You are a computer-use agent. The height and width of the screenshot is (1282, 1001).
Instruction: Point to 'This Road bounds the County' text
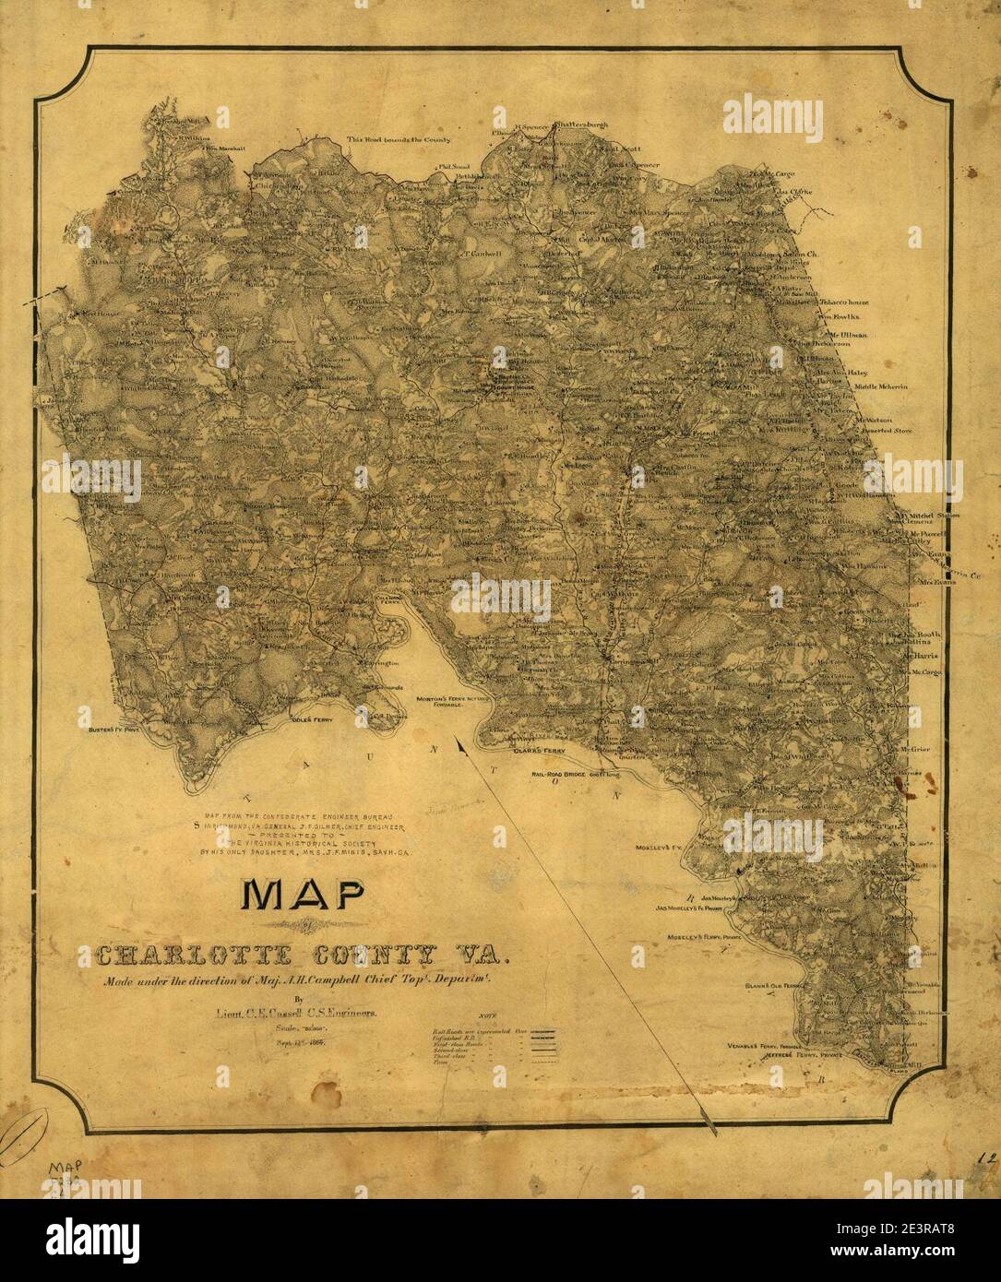[x=399, y=140]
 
